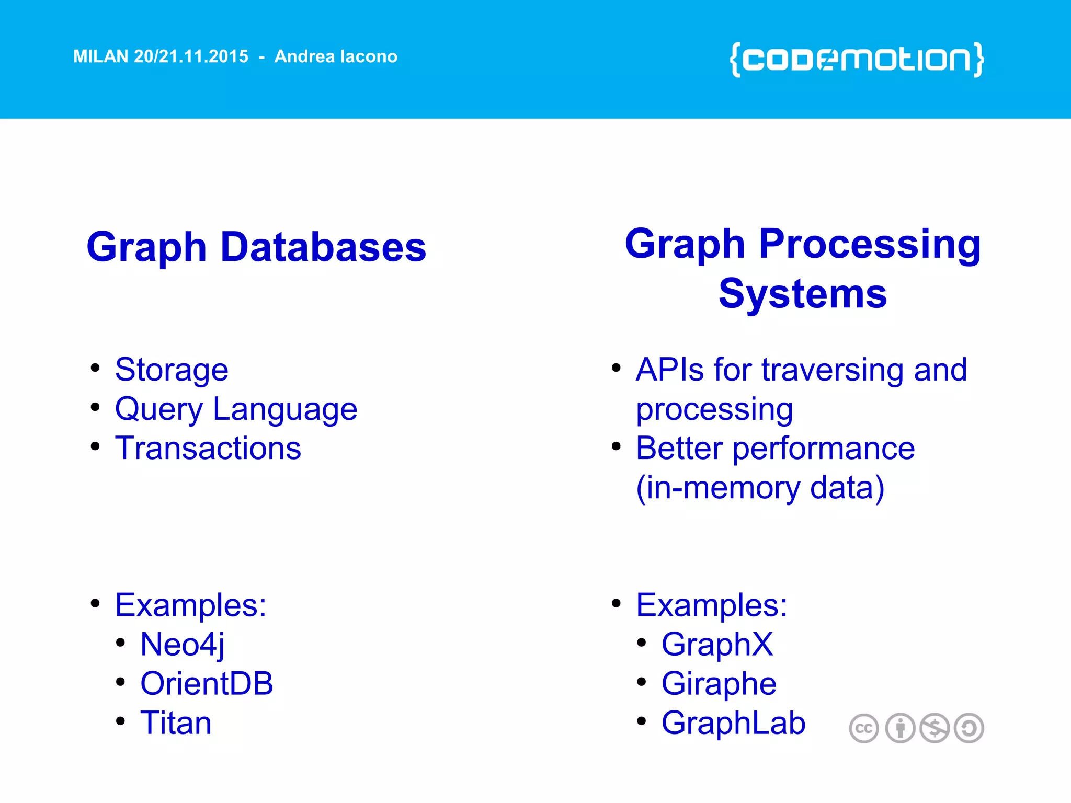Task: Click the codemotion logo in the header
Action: (857, 60)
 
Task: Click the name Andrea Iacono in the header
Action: (336, 56)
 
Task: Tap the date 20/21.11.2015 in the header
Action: (191, 56)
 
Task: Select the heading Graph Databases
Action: (256, 247)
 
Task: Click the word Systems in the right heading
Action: (803, 294)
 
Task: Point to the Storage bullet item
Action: (172, 370)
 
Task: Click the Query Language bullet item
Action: (236, 409)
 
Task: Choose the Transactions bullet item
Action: (208, 449)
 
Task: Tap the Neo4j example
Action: (183, 644)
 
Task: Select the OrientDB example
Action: (207, 683)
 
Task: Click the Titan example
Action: (176, 723)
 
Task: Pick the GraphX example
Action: (717, 644)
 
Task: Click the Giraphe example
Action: (719, 683)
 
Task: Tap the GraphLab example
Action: (733, 723)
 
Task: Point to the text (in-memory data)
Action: (760, 488)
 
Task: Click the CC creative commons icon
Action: (863, 728)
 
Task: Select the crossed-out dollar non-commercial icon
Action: (935, 728)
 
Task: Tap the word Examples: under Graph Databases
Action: (191, 605)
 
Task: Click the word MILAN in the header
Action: (101, 56)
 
